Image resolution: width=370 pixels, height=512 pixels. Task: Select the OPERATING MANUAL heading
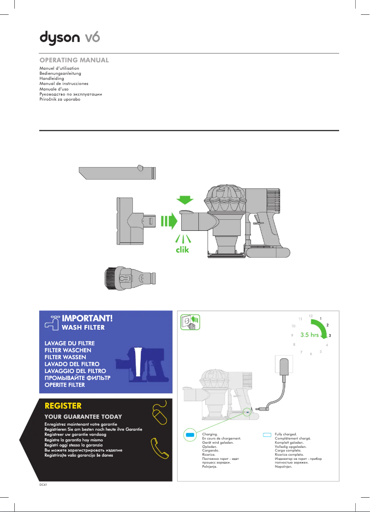pyautogui.click(x=74, y=60)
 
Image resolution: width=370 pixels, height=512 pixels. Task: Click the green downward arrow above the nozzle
pyautogui.click(x=186, y=200)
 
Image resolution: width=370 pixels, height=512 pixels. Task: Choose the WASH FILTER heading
pyautogui.click(x=83, y=328)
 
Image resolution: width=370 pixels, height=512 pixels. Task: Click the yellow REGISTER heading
pyautogui.click(x=63, y=406)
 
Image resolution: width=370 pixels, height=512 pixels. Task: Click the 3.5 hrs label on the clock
pyautogui.click(x=309, y=335)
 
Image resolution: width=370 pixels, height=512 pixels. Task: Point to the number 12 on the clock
pyautogui.click(x=310, y=316)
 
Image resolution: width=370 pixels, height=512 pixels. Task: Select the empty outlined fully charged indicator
pyautogui.click(x=268, y=435)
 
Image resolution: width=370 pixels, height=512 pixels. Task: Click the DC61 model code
pyautogui.click(x=43, y=485)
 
